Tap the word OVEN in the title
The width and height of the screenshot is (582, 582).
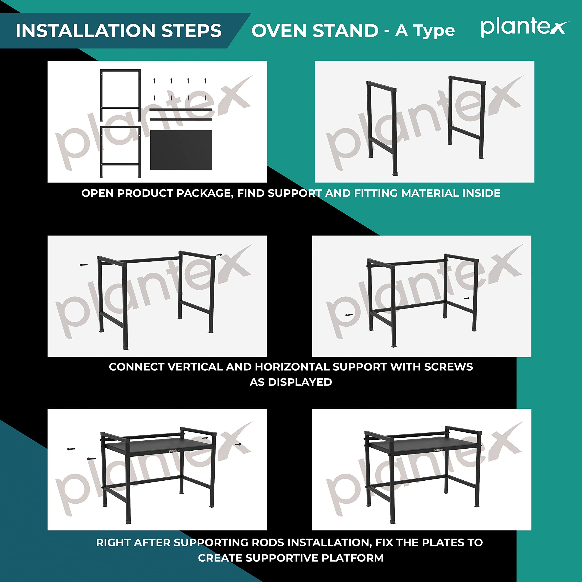(x=279, y=30)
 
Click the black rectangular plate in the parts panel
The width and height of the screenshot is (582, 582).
(x=181, y=150)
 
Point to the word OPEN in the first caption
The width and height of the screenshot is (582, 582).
(x=98, y=193)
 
